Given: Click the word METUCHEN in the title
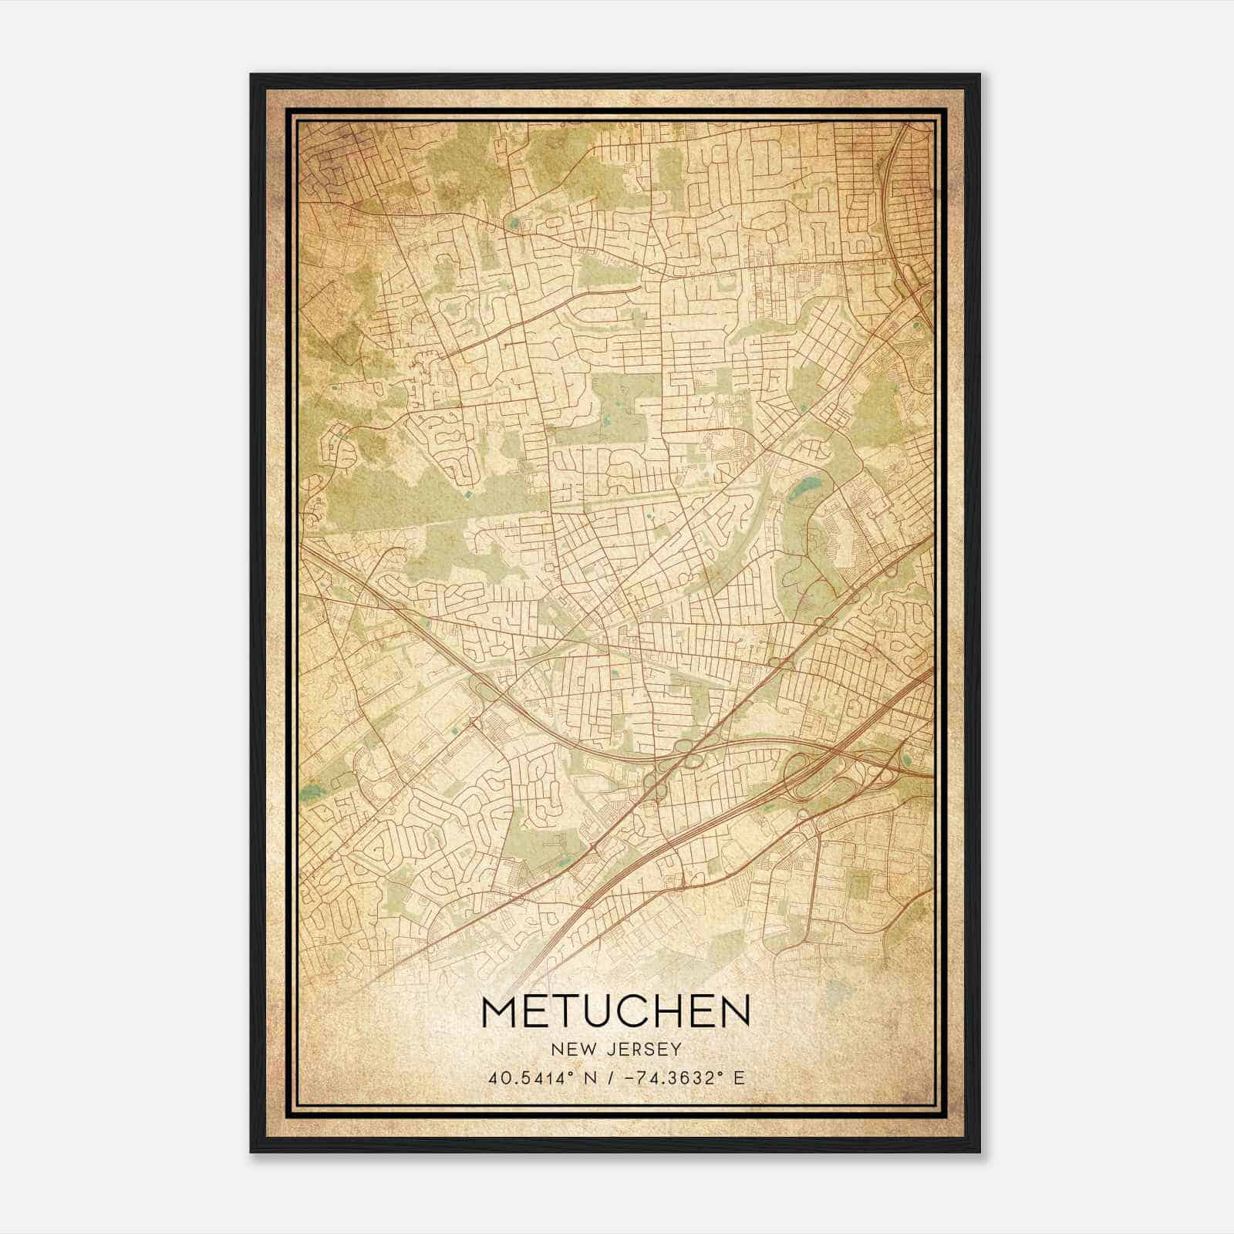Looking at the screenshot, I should [615, 1011].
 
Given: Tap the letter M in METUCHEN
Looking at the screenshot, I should [502, 1011].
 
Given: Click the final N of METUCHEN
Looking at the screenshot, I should [733, 1011].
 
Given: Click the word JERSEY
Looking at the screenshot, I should [642, 1049].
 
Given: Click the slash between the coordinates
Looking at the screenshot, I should [610, 1077].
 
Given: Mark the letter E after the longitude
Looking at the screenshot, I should [739, 1077].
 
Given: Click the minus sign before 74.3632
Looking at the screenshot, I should [630, 1077].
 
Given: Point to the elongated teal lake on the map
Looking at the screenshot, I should [804, 487].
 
